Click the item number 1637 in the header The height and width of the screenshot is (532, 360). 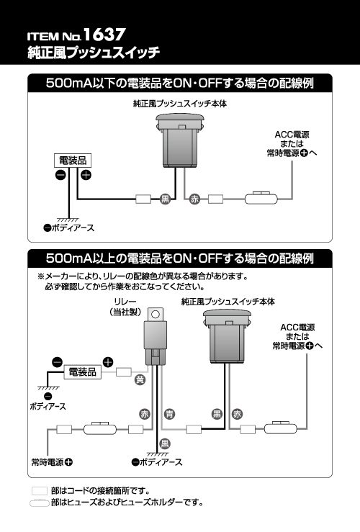[x=104, y=35]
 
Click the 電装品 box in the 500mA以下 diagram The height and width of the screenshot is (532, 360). [x=73, y=161]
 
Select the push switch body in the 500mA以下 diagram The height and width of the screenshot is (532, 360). [x=180, y=140]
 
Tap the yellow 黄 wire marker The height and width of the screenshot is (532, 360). [x=140, y=379]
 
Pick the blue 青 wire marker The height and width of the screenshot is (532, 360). [x=169, y=414]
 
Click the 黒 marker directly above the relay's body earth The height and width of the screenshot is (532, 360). [x=165, y=443]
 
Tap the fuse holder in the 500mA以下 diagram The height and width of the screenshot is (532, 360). [x=261, y=198]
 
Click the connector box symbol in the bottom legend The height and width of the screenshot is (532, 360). [x=40, y=491]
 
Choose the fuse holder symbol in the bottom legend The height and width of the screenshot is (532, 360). [x=40, y=502]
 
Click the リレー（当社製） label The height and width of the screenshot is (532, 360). [x=125, y=307]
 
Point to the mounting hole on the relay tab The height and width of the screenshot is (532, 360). [x=156, y=314]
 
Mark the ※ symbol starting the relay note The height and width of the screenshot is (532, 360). [x=41, y=276]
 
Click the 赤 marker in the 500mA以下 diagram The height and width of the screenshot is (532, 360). [x=194, y=199]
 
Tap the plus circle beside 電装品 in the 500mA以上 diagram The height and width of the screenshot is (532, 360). [x=107, y=362]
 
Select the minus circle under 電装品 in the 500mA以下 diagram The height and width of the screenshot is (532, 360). [x=60, y=175]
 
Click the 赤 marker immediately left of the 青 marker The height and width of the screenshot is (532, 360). [x=145, y=414]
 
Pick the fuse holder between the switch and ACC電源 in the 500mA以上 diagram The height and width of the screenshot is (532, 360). [x=280, y=428]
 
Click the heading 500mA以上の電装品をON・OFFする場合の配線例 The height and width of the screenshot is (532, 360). [x=180, y=258]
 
